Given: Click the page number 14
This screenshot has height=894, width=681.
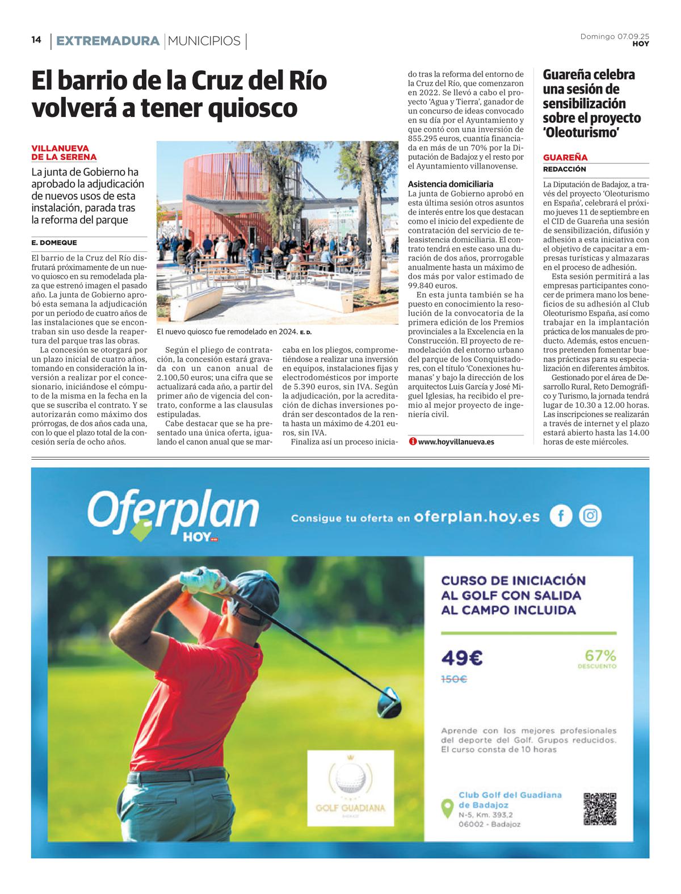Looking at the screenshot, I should click(36, 40).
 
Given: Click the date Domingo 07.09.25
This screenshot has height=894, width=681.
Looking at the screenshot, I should click(614, 36).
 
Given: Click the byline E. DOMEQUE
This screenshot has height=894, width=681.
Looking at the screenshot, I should click(54, 242).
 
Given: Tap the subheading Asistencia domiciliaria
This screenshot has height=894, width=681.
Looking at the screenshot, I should click(451, 184).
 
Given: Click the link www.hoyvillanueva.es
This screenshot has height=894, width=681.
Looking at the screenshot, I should click(456, 442).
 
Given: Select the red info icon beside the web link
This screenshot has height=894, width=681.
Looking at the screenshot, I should click(413, 442).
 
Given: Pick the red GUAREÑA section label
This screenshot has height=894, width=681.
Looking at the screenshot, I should click(565, 157).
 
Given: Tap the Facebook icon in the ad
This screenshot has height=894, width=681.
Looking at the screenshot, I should click(561, 515).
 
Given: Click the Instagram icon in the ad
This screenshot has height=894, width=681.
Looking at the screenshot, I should click(590, 515).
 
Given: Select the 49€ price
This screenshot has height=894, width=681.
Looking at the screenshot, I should click(462, 658).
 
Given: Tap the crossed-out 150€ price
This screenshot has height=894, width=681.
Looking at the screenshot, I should click(454, 679).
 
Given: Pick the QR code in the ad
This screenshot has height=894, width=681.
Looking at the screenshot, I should click(599, 808).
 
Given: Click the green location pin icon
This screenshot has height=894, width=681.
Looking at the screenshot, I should click(447, 808).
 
